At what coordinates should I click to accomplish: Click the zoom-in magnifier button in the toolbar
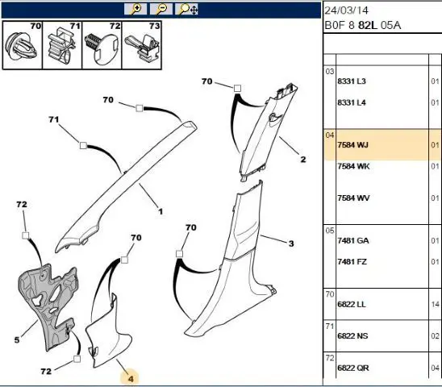tap(136, 9)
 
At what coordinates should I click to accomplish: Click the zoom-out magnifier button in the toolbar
tap(161, 9)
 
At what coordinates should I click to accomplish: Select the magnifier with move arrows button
tap(186, 9)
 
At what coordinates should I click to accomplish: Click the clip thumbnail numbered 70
tap(23, 45)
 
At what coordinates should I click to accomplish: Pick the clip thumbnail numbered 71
tap(62, 45)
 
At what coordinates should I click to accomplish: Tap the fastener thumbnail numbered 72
tap(102, 45)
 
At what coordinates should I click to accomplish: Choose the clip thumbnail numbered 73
tap(141, 45)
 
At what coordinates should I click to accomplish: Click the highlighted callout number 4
tap(130, 379)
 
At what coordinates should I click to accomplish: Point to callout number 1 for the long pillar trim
tap(161, 211)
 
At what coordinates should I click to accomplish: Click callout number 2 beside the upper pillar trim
tap(303, 160)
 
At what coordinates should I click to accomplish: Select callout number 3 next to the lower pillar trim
tap(291, 243)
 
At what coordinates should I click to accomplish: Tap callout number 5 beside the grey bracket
tap(17, 340)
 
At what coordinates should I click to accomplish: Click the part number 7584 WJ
tap(353, 145)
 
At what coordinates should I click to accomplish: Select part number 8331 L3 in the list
tap(352, 81)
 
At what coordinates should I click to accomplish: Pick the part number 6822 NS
tap(353, 336)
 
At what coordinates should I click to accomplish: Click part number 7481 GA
tap(353, 241)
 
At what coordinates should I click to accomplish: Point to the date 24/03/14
tap(347, 10)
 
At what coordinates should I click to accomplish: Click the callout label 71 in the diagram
tap(54, 119)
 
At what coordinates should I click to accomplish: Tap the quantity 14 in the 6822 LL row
tap(436, 305)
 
